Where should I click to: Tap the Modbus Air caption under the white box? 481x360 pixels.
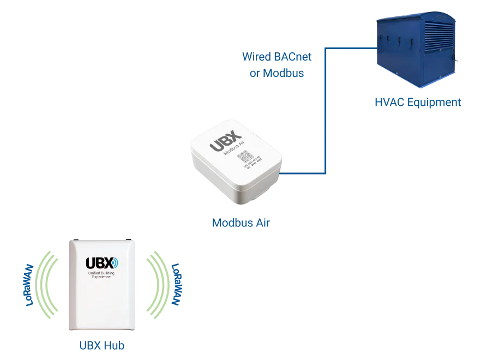click(240, 223)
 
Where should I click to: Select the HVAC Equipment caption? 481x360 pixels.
click(418, 102)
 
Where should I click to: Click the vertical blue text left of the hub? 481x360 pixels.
click(27, 285)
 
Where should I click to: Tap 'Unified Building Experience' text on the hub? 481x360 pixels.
click(98, 275)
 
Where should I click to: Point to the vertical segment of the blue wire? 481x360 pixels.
click(325, 109)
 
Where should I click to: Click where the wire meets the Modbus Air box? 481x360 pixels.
click(283, 173)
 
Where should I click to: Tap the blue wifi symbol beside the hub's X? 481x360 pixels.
click(114, 262)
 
